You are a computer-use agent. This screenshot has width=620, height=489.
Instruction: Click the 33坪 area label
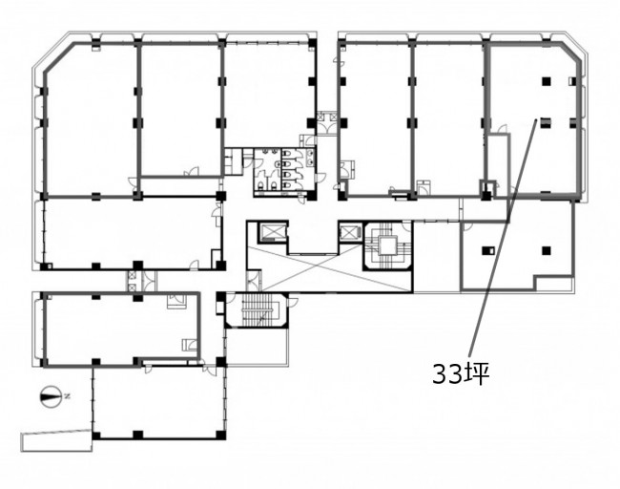[x=461, y=373]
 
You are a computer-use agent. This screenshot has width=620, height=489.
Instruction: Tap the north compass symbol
[x=51, y=396]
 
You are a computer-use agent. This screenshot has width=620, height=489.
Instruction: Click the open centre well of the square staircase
[x=386, y=246]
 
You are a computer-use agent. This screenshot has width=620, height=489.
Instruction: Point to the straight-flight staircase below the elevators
[x=256, y=309]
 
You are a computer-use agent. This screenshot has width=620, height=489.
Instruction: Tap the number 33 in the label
[x=446, y=374]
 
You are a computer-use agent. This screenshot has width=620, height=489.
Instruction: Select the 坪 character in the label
[x=476, y=373]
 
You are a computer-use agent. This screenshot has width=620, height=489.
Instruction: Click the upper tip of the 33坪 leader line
[x=536, y=119]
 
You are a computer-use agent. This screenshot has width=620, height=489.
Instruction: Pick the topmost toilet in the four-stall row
[x=287, y=154]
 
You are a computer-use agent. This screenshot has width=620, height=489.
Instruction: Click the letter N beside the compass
[x=67, y=395]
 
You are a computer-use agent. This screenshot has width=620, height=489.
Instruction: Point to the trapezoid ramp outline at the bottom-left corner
[x=57, y=439]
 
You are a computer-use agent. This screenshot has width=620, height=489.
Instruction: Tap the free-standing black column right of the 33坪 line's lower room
[x=546, y=250]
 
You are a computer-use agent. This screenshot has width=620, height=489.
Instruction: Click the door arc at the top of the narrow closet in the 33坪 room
[x=502, y=130]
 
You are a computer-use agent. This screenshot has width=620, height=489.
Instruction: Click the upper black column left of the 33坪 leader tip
[x=546, y=81]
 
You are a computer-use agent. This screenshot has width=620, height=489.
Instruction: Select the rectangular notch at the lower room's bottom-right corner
[x=553, y=282]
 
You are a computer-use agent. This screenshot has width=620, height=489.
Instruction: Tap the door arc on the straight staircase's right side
[x=293, y=302]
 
